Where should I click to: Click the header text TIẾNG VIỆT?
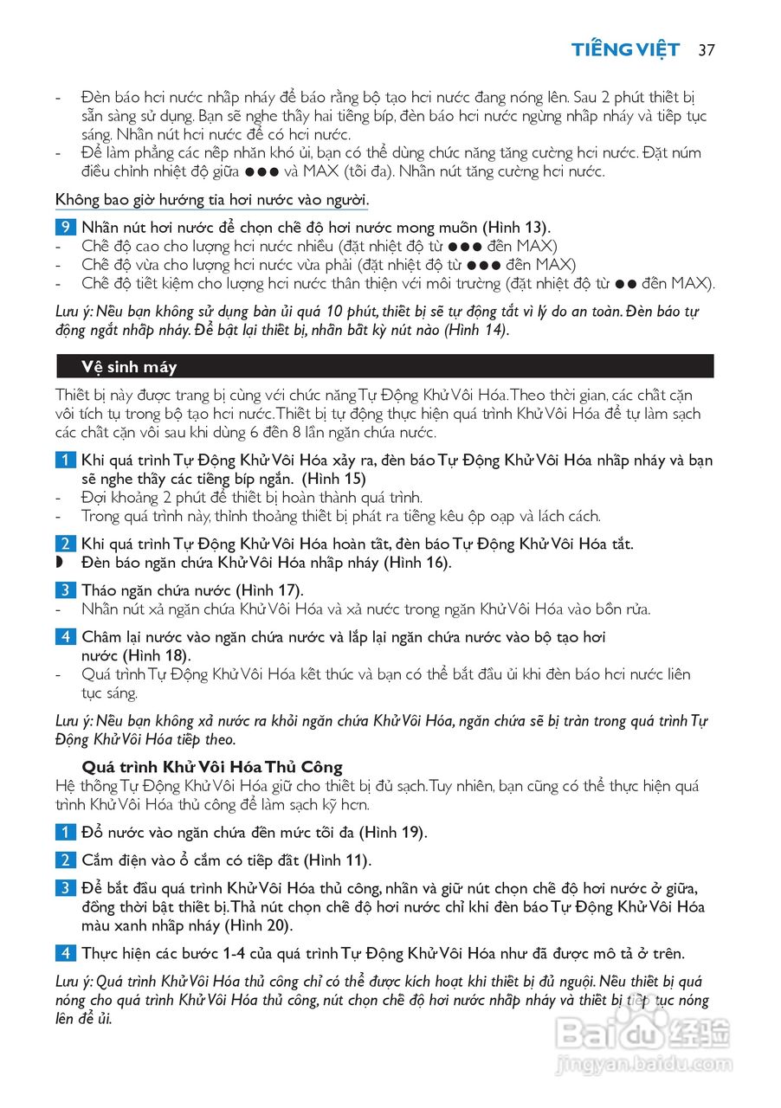click(x=626, y=49)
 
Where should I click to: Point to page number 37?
click(x=706, y=49)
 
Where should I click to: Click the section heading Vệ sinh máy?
click(x=129, y=367)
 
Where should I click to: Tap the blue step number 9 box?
click(x=64, y=228)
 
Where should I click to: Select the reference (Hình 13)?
click(x=515, y=228)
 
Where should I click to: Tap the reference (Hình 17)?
click(x=270, y=590)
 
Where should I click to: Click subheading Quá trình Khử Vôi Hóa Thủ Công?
click(x=212, y=767)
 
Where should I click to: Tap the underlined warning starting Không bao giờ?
click(x=212, y=200)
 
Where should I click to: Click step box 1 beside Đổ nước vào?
click(x=64, y=833)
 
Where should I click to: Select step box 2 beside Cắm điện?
click(x=64, y=860)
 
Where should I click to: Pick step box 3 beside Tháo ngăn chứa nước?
click(x=64, y=590)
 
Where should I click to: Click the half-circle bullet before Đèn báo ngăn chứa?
click(x=60, y=563)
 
